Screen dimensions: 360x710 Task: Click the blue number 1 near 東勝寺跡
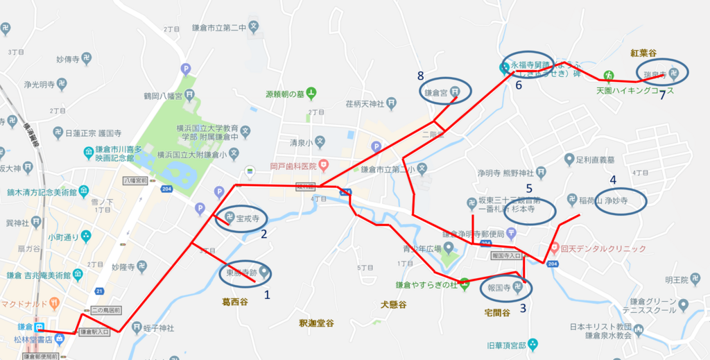point(267,294)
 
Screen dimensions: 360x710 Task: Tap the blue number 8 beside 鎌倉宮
point(420,75)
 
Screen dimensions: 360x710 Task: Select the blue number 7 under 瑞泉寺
point(662,94)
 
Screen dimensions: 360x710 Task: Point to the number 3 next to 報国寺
point(523,309)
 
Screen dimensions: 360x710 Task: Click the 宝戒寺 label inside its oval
point(248,218)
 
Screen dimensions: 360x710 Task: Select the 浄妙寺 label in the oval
point(615,202)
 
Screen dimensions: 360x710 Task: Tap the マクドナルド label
point(24,303)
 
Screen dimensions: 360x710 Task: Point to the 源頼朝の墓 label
point(283,94)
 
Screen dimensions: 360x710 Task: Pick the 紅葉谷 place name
point(643,53)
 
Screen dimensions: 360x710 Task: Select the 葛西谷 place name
point(234,302)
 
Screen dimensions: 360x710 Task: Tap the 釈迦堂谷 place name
point(316,323)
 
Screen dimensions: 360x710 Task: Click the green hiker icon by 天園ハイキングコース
point(608,75)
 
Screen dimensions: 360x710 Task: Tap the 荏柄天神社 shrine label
point(364,104)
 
